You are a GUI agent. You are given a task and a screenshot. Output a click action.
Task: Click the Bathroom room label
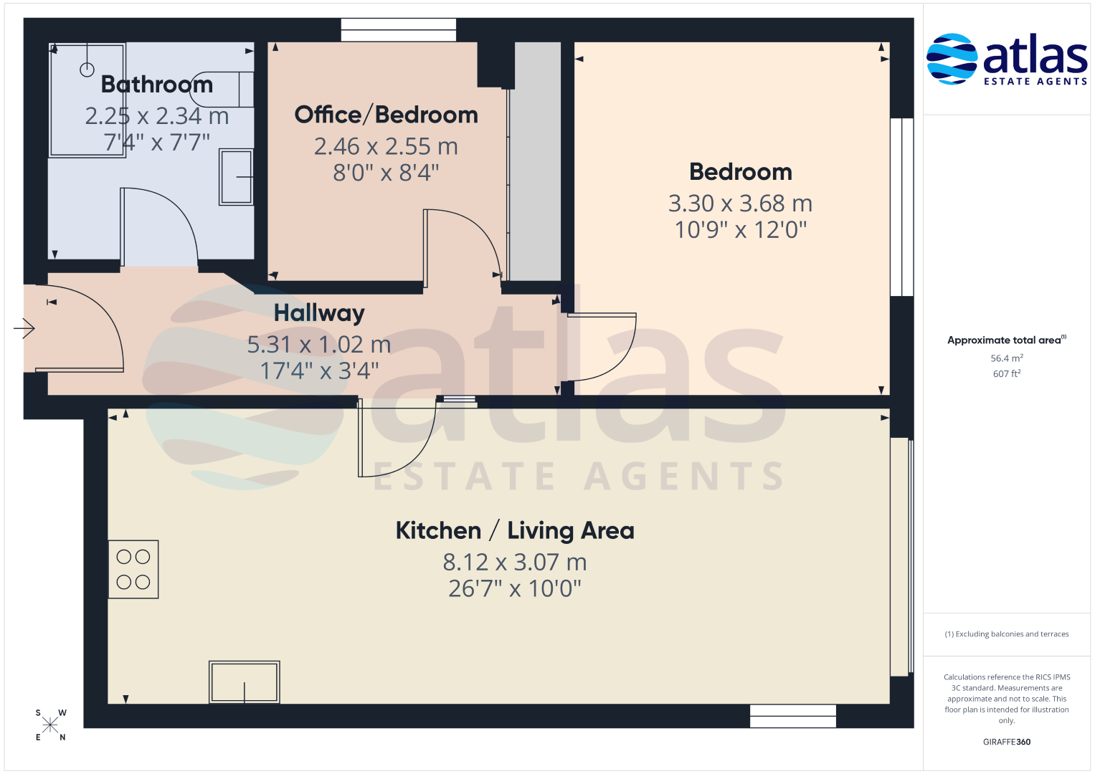tap(157, 85)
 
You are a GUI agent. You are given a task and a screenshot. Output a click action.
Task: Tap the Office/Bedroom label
tap(387, 115)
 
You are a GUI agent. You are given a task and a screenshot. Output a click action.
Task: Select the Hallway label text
tap(319, 313)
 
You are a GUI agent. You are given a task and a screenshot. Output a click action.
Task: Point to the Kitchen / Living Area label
tap(515, 530)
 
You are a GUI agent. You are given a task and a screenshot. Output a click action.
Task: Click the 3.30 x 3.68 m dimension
tap(740, 204)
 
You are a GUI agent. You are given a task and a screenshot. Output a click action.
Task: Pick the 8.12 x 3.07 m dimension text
tap(515, 562)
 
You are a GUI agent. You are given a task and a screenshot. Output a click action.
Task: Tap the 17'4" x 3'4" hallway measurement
tap(319, 371)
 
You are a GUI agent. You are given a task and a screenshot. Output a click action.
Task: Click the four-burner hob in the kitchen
tap(133, 569)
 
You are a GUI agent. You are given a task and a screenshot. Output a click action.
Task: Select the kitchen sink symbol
tap(245, 682)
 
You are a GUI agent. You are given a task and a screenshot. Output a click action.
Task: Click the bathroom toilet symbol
tap(222, 90)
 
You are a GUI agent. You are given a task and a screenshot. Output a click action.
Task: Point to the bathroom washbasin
tap(236, 177)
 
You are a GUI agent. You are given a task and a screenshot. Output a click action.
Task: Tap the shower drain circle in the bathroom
tap(87, 70)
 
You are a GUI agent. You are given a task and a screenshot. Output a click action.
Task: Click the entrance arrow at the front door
tap(24, 328)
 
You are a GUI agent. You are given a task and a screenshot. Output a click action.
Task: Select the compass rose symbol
tap(50, 725)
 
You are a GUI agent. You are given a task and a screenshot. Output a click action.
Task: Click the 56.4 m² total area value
tap(1007, 358)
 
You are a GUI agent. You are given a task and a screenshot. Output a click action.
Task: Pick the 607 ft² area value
tap(1007, 374)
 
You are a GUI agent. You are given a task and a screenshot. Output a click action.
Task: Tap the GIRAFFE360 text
tap(1007, 742)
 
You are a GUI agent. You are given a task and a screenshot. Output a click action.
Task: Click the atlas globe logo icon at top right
tap(952, 59)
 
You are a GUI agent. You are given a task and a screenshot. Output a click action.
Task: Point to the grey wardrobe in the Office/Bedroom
tap(535, 161)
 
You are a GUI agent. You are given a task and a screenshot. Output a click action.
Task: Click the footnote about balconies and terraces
tap(1007, 634)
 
